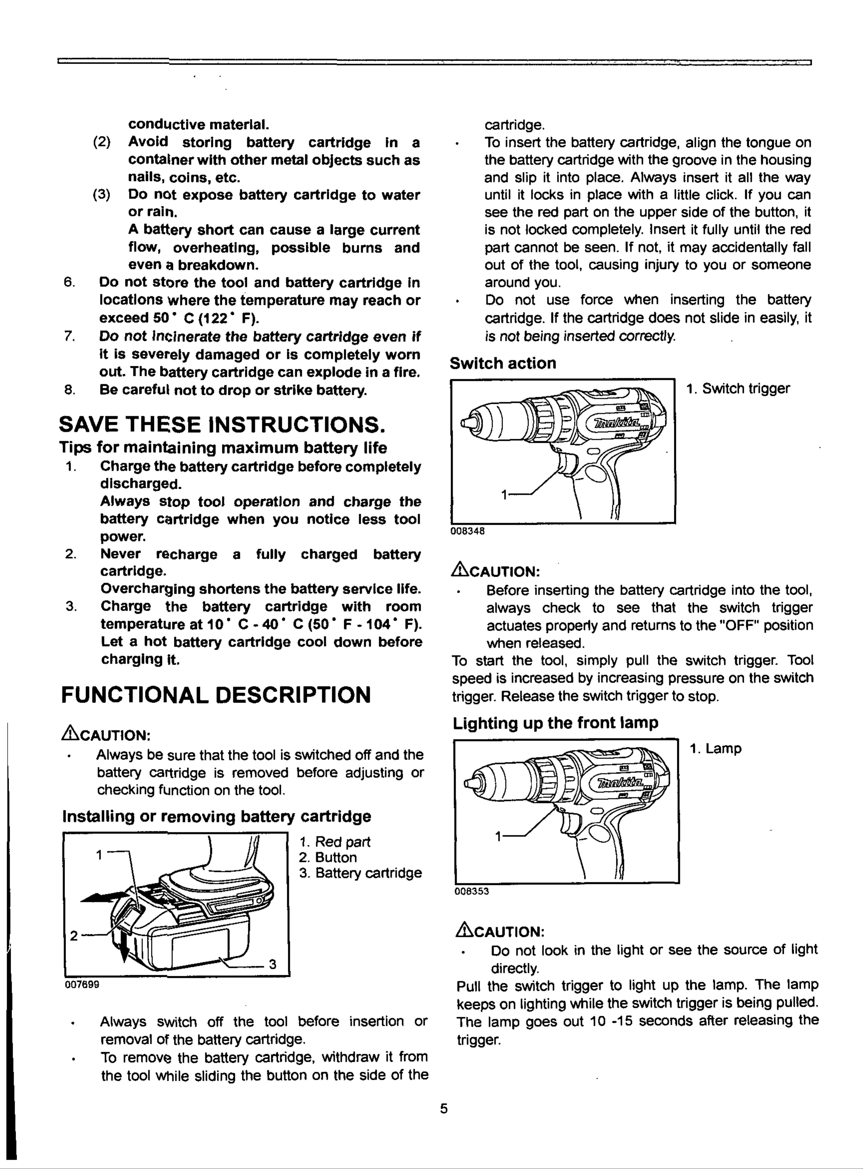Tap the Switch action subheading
click(x=503, y=363)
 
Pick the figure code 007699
click(x=82, y=984)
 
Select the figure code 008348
click(x=468, y=531)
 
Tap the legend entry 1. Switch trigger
click(x=738, y=389)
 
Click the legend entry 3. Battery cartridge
click(x=360, y=873)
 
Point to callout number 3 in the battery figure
click(x=272, y=964)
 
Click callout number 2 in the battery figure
click(x=74, y=935)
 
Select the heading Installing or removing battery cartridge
click(x=216, y=816)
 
